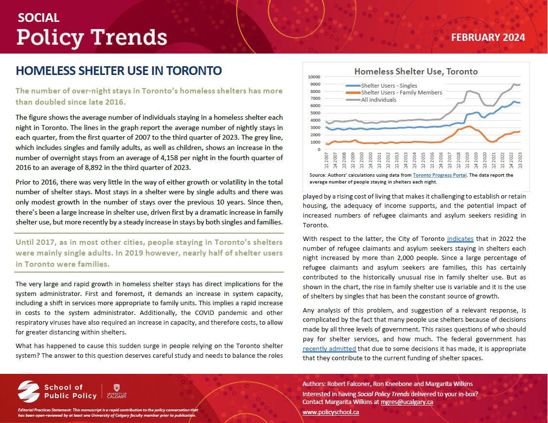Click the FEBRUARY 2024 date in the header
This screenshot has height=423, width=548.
click(488, 37)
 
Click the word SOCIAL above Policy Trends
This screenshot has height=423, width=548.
click(38, 18)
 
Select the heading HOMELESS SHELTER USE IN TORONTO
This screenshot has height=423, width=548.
click(119, 71)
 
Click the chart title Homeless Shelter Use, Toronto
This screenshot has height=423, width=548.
click(416, 72)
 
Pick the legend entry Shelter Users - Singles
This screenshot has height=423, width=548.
click(392, 85)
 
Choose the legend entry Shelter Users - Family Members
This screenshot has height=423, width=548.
click(401, 92)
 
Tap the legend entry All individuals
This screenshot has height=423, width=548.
click(379, 100)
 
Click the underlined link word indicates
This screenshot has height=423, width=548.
click(460, 239)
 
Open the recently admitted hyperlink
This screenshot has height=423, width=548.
click(329, 349)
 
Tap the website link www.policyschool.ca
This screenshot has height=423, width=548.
click(331, 412)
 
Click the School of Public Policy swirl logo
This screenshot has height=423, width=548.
click(29, 392)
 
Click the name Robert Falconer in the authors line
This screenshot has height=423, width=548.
click(351, 384)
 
